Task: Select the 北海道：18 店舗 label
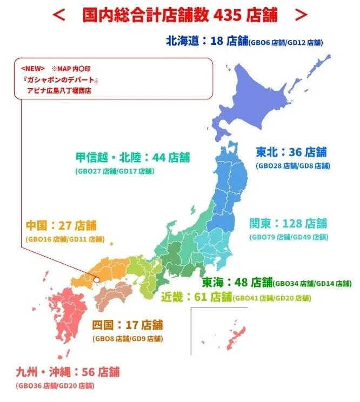[x=206, y=41]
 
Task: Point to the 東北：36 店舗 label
[x=291, y=152]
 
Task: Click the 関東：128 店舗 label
[x=288, y=223]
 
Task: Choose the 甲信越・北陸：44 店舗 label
[x=132, y=157]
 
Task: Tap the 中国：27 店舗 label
[x=60, y=225]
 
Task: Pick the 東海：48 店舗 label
[x=237, y=282]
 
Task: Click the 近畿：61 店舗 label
[x=196, y=296]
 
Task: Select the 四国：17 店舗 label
[x=127, y=325]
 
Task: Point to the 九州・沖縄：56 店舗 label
[x=67, y=372]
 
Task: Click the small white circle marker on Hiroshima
[x=96, y=280]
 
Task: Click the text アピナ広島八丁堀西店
[x=59, y=90]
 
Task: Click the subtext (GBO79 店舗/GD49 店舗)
[x=288, y=237]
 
